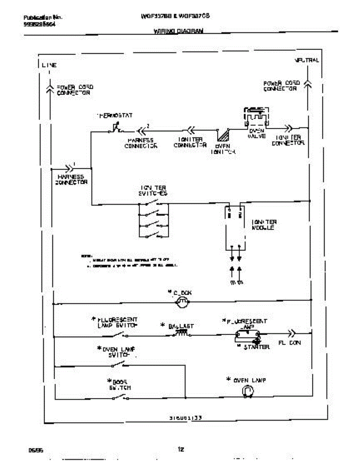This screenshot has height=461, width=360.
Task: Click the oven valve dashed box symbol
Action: coord(256,117)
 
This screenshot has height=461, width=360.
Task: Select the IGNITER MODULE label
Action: coord(264,225)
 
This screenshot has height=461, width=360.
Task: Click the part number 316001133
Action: coord(186,418)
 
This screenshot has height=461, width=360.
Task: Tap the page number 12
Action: coord(181,449)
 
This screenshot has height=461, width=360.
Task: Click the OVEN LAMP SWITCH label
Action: coord(116,352)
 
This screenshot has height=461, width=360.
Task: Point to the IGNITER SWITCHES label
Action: coord(153,191)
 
